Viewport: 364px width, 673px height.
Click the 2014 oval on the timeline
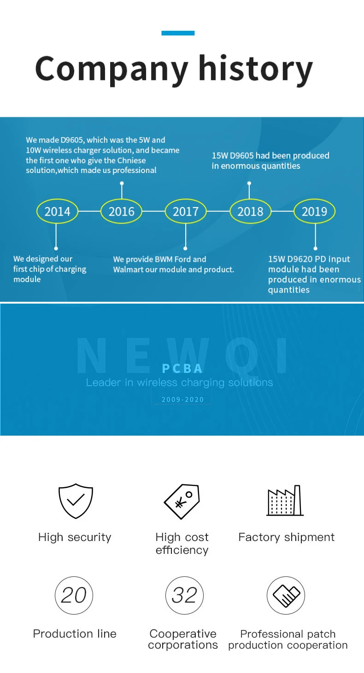pyautogui.click(x=57, y=212)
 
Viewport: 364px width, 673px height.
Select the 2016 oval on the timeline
pyautogui.click(x=122, y=212)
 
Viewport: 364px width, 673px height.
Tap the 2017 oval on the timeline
pyautogui.click(x=186, y=212)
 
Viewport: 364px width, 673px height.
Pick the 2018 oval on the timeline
pyautogui.click(x=250, y=212)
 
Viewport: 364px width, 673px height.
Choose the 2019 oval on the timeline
pyautogui.click(x=314, y=212)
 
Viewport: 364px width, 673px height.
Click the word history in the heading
pyautogui.click(x=255, y=69)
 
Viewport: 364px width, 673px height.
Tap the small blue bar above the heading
pyautogui.click(x=178, y=33)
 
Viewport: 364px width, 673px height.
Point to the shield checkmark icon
pyautogui.click(x=76, y=501)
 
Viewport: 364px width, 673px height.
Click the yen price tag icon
pyautogui.click(x=182, y=502)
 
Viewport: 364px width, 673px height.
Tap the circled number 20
pyautogui.click(x=74, y=595)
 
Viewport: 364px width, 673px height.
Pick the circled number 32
pyautogui.click(x=184, y=595)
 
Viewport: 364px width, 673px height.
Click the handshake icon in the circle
pyautogui.click(x=286, y=595)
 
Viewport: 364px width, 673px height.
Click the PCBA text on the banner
pyautogui.click(x=182, y=368)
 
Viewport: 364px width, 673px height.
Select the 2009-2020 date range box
pyautogui.click(x=182, y=399)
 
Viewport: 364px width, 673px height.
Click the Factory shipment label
pyautogui.click(x=286, y=537)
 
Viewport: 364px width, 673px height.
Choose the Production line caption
pyautogui.click(x=75, y=634)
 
